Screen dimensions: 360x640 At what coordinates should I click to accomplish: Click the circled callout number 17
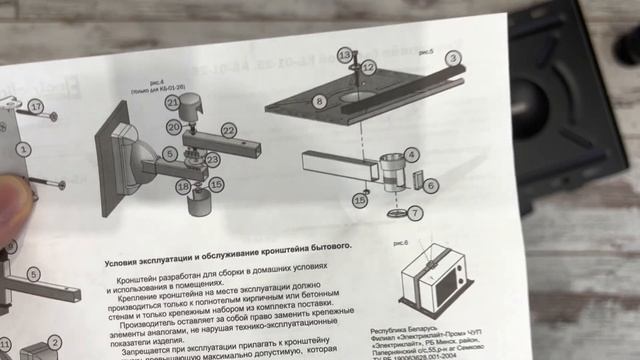click(x=37, y=106)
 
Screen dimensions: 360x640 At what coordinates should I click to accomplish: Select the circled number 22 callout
click(x=229, y=130)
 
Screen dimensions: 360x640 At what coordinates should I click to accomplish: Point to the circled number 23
click(x=212, y=160)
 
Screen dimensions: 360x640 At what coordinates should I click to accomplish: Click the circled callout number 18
click(x=183, y=186)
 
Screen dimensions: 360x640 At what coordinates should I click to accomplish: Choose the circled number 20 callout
click(x=174, y=127)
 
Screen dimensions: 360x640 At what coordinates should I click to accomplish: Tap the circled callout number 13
click(x=345, y=55)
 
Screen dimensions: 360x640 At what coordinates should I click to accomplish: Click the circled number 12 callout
click(x=368, y=67)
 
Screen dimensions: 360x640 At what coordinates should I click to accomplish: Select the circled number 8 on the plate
click(x=319, y=101)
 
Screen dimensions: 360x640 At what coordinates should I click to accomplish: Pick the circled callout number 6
click(x=431, y=185)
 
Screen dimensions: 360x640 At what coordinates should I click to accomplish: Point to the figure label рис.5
click(x=426, y=51)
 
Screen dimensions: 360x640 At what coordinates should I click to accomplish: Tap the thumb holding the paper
click(x=12, y=190)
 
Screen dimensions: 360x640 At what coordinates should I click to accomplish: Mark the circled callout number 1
click(x=24, y=149)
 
